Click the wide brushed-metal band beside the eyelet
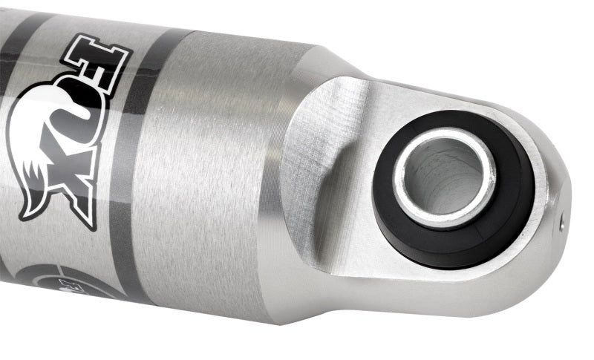pyautogui.click(x=208, y=171)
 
